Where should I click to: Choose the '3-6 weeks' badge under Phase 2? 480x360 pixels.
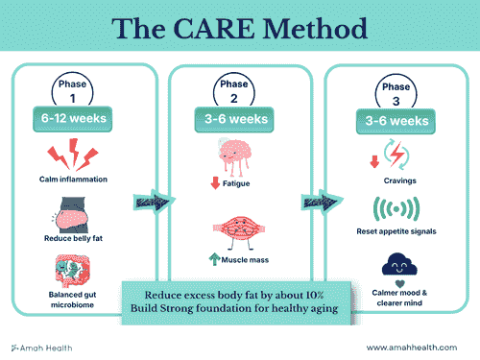(240, 118)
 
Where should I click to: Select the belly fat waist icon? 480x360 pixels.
(73, 214)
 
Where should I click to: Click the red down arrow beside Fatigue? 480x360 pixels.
(212, 183)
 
